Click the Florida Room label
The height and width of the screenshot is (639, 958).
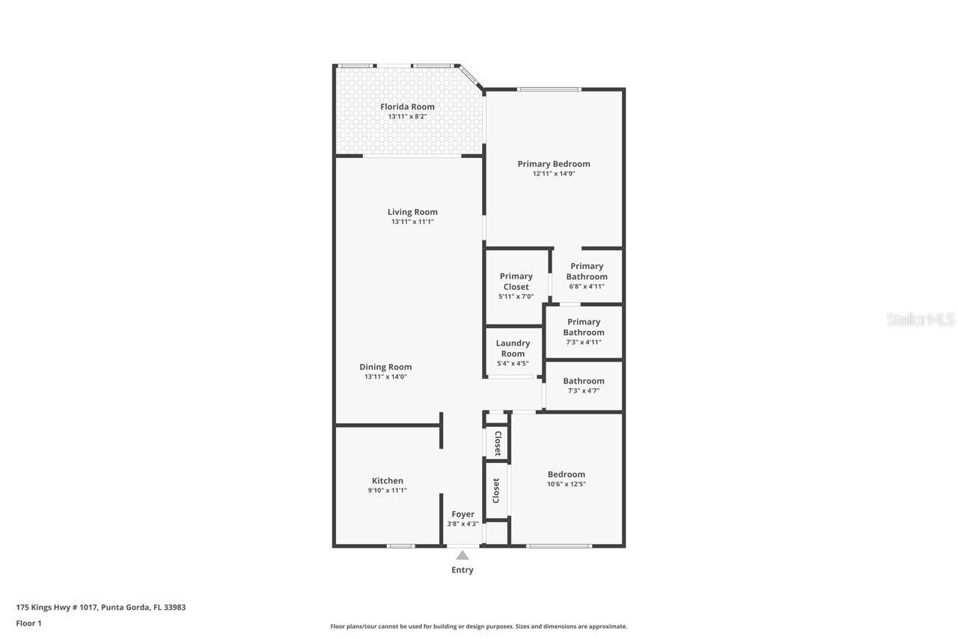point(407,106)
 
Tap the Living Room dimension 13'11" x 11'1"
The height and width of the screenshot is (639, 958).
point(412,222)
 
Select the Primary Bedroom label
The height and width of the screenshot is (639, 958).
point(554,163)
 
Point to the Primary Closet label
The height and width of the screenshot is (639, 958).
point(516,281)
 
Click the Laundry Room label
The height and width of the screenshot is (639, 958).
point(513,348)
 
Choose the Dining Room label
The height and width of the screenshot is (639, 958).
point(385,366)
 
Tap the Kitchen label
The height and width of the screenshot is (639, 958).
point(388,480)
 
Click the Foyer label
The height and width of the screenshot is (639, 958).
point(463,514)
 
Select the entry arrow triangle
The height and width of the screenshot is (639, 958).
point(463,556)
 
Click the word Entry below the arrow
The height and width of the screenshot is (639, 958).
point(463,569)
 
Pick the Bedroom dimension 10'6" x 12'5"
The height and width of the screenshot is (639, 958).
point(567,484)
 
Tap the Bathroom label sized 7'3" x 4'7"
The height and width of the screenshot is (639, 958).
point(584,381)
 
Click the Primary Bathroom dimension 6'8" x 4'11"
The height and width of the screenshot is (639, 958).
point(587,286)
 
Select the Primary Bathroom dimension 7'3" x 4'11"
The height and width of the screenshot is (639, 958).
point(584,342)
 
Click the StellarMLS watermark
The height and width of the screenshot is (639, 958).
point(921,320)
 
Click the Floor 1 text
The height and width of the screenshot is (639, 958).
point(28,623)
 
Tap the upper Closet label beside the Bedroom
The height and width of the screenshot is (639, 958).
point(497,443)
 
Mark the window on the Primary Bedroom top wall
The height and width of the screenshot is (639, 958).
point(549,90)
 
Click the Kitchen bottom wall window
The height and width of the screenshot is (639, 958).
point(401,545)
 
